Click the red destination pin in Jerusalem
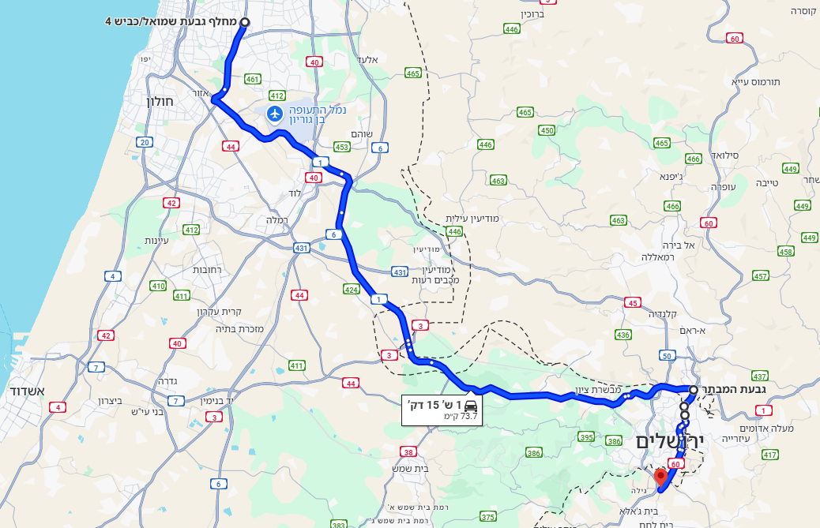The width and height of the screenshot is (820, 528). click(662, 477)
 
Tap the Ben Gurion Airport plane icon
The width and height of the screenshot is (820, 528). click(275, 114)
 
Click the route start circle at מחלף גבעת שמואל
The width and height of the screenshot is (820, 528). click(243, 22)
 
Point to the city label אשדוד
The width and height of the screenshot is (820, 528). click(28, 391)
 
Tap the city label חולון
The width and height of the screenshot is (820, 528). click(159, 100)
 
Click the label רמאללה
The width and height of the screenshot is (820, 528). click(656, 257)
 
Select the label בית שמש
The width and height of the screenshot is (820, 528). click(410, 468)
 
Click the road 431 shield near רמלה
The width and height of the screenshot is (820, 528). click(301, 248)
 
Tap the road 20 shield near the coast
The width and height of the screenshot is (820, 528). click(144, 142)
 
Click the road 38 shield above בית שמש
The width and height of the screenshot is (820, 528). click(408, 452)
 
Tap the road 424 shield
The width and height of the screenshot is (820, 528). click(352, 290)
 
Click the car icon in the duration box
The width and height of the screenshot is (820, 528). click(471, 404)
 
